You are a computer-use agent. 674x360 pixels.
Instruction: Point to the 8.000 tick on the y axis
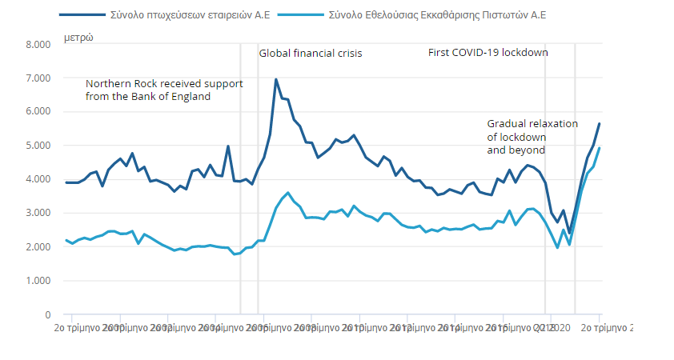38,45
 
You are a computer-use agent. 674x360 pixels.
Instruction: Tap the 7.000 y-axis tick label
38,78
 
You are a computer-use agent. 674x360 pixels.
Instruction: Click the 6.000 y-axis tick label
38,112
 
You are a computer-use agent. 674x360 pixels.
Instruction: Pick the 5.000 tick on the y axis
38,146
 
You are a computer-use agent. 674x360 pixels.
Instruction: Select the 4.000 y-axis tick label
38,179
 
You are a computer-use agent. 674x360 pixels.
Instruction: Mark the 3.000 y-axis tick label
38,214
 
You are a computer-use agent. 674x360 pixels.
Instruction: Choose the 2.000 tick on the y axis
38,247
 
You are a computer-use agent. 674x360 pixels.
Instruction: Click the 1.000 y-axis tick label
38,281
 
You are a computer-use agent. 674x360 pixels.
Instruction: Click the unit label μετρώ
78,38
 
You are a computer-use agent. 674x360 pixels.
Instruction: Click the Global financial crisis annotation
310,54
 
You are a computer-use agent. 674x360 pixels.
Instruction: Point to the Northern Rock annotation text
164,90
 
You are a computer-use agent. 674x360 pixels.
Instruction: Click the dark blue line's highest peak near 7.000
275,79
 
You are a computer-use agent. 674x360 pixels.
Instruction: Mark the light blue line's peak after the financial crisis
287,193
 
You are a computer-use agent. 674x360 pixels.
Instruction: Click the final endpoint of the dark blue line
599,124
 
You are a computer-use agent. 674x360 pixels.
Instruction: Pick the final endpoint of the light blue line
599,148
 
